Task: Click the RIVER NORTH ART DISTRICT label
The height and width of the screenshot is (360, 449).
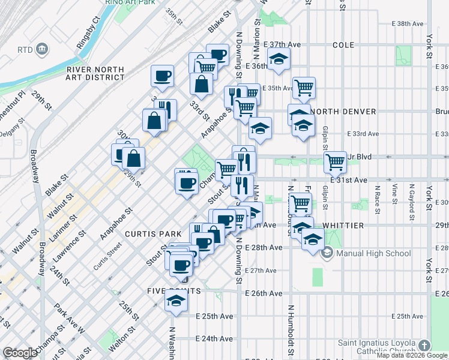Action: click(x=95, y=73)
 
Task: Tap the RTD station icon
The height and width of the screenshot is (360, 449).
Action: click(x=42, y=49)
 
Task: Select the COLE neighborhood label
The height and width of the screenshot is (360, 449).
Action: click(x=343, y=45)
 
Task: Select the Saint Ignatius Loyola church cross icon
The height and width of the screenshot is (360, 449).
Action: click(x=425, y=346)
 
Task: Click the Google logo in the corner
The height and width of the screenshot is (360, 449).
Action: click(x=20, y=353)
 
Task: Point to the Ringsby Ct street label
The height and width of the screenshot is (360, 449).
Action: click(x=88, y=36)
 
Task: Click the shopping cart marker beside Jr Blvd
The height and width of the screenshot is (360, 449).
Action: click(x=335, y=160)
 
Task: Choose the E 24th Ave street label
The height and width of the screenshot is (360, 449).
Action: click(x=217, y=338)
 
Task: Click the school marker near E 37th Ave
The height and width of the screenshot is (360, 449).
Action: click(x=279, y=59)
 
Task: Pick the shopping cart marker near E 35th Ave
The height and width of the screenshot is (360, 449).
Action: click(x=304, y=88)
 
